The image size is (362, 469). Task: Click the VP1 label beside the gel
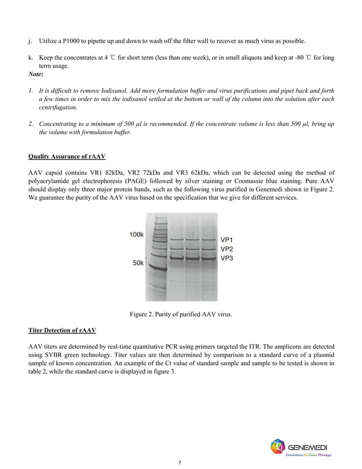(x=226, y=240)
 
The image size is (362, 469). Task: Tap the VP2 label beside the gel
(x=226, y=249)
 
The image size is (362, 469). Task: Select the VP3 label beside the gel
(x=226, y=258)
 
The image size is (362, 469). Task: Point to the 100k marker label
(x=136, y=234)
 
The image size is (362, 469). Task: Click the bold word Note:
(x=36, y=74)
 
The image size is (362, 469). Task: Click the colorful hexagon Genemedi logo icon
(x=279, y=447)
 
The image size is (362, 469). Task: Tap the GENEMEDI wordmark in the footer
(x=312, y=446)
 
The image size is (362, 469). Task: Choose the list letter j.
(x=30, y=41)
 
